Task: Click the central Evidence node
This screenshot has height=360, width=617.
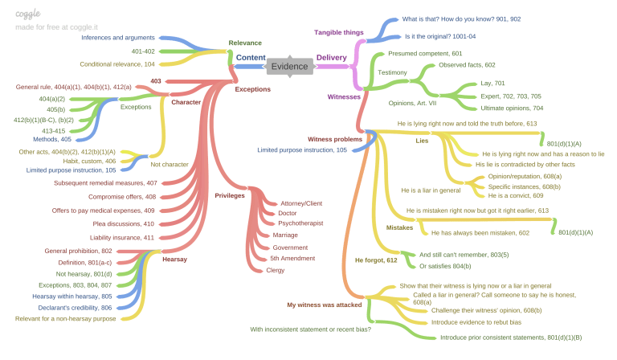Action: (289, 67)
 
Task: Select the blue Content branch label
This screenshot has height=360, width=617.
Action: (251, 58)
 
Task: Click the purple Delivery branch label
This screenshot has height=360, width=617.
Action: (332, 58)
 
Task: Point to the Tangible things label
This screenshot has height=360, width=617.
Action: (338, 32)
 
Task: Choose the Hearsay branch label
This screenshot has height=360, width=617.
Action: (174, 260)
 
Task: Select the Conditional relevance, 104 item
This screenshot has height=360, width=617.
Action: (116, 63)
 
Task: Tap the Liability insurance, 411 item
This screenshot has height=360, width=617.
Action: (123, 238)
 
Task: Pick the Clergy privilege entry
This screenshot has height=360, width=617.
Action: (275, 270)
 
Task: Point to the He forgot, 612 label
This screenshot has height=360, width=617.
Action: (376, 260)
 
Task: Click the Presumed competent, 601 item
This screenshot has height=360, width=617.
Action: (425, 53)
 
